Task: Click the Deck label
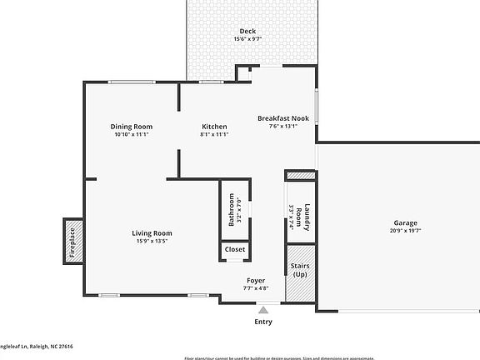247,31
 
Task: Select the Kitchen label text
214,127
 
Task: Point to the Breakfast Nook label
282,118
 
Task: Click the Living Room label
152,232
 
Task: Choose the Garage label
406,222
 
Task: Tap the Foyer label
256,280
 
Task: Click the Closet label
235,249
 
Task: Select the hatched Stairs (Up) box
300,272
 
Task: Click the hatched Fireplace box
73,240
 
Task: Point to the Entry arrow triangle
263,309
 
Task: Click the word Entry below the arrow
263,321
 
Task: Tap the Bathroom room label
232,209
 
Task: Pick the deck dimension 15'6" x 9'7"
247,39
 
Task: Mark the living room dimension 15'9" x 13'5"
152,241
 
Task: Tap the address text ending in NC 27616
37,345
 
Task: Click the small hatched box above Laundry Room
300,175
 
